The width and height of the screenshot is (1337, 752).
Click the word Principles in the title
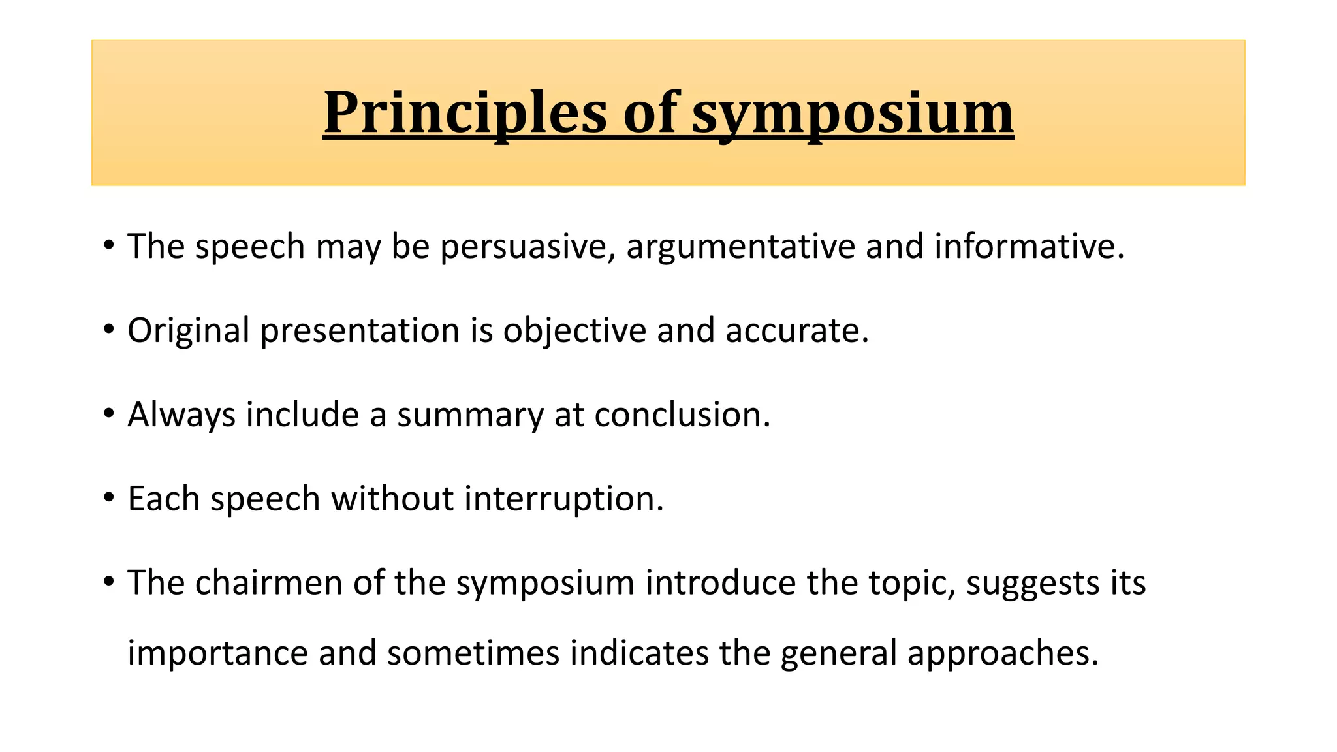point(464,113)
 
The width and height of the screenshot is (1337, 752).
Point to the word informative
point(1029,247)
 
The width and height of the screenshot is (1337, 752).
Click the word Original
point(188,330)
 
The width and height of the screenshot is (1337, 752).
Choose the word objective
point(574,330)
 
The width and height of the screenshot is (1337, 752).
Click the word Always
point(181,415)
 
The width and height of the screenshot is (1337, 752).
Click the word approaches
point(1003,653)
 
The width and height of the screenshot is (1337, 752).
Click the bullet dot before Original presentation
point(108,330)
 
